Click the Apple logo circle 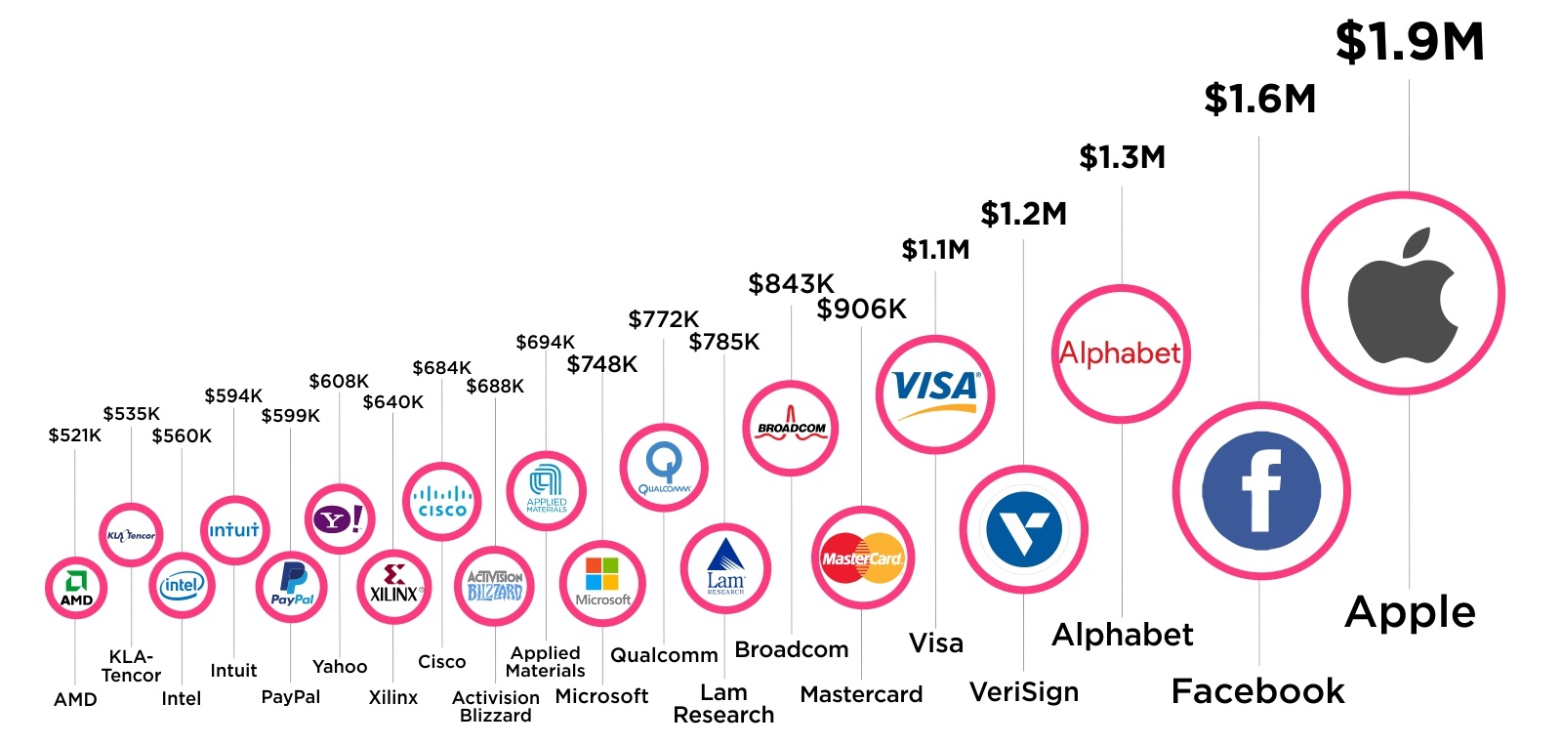pyautogui.click(x=1403, y=293)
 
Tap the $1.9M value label pyautogui.click(x=1409, y=43)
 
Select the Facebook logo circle pyautogui.click(x=1260, y=490)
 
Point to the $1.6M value pyautogui.click(x=1259, y=100)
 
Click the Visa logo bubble pyautogui.click(x=934, y=394)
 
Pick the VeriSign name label pyautogui.click(x=1023, y=692)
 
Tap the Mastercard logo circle pyautogui.click(x=862, y=558)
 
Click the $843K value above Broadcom pyautogui.click(x=791, y=284)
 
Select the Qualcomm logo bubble pyautogui.click(x=664, y=467)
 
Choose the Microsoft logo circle pyautogui.click(x=602, y=583)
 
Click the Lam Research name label pyautogui.click(x=723, y=703)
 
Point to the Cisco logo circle pyautogui.click(x=442, y=501)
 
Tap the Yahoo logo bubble pyautogui.click(x=340, y=518)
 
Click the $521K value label pyautogui.click(x=75, y=435)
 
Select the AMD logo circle pyautogui.click(x=76, y=588)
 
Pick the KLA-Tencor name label pyautogui.click(x=131, y=666)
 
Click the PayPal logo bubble pyautogui.click(x=291, y=587)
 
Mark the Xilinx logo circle pyautogui.click(x=393, y=586)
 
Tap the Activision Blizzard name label pyautogui.click(x=495, y=706)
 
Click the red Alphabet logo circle pyautogui.click(x=1121, y=353)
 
